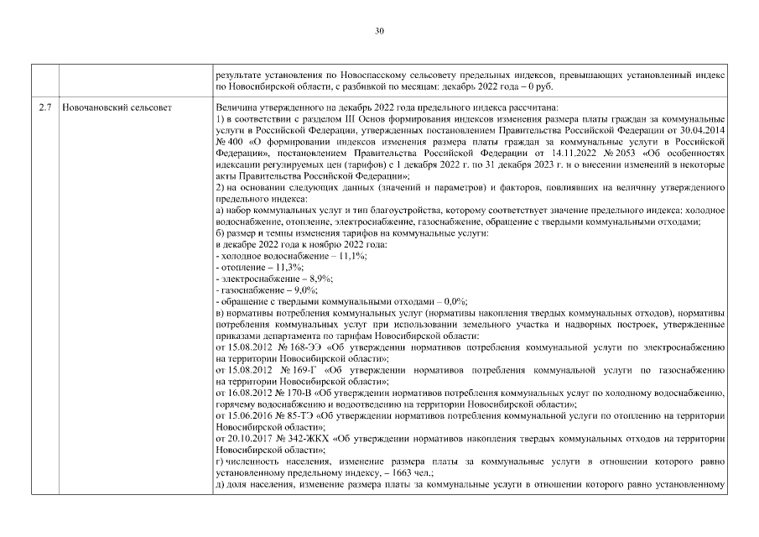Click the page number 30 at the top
(379, 31)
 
